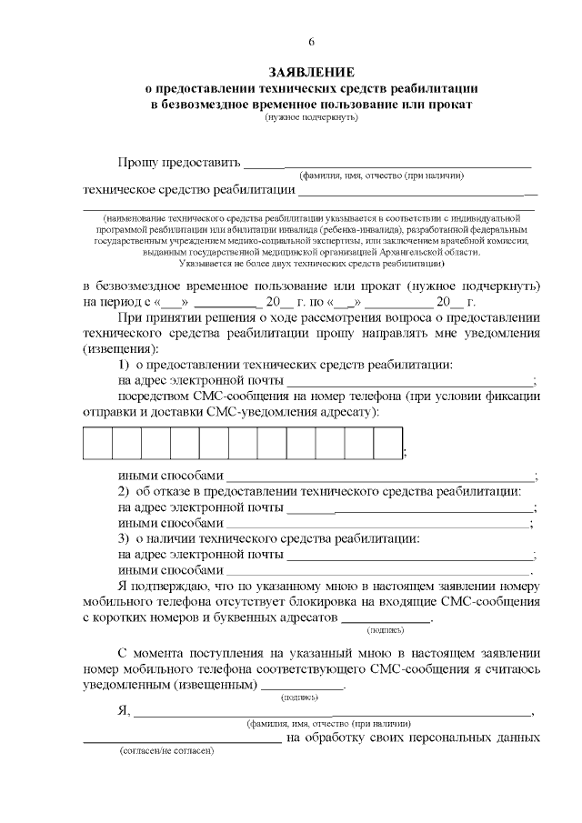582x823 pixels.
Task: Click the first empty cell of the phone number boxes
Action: tap(97, 443)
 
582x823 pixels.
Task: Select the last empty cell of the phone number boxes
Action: tap(387, 443)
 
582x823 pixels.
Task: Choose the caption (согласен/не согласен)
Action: tap(166, 754)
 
